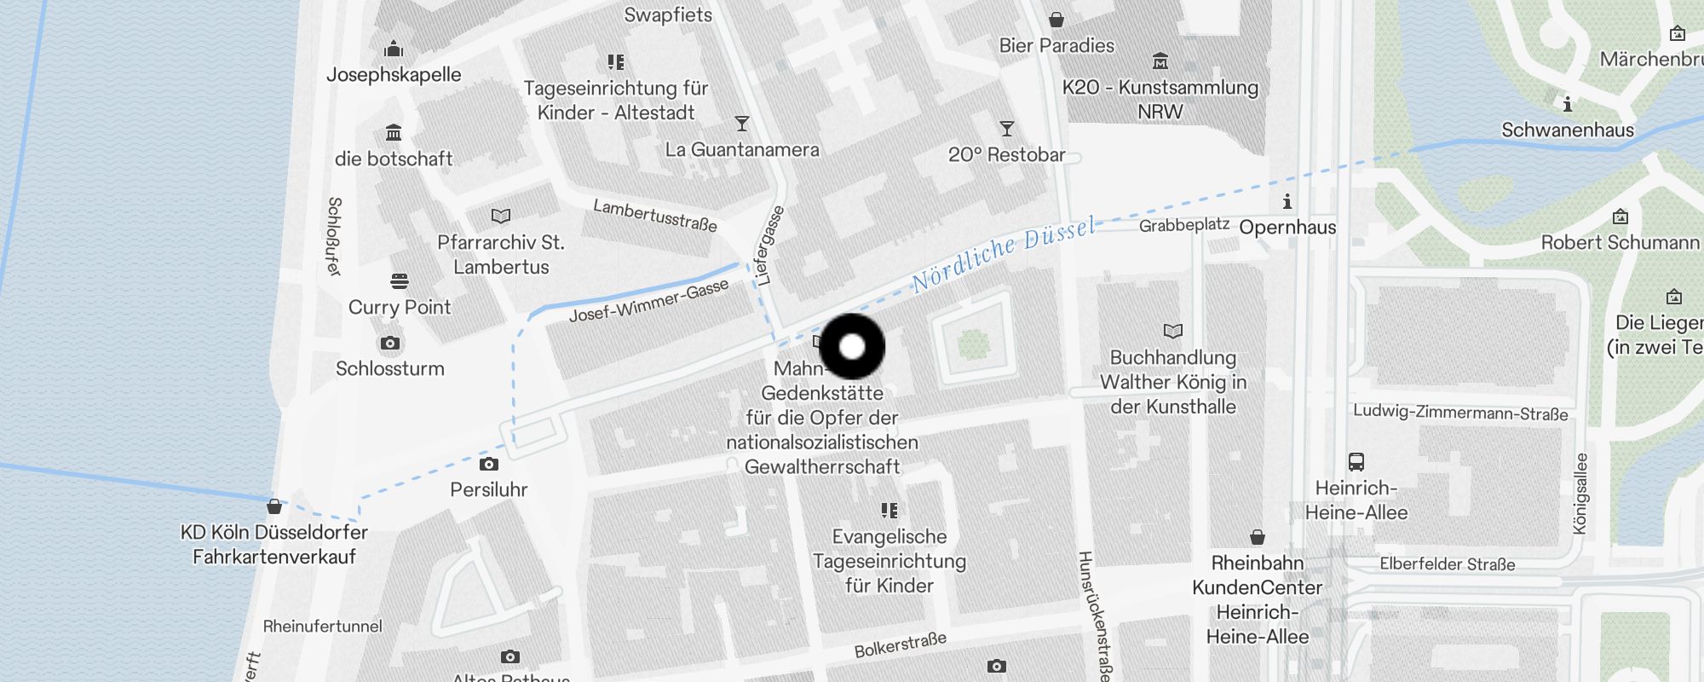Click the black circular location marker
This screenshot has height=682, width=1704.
coord(852,347)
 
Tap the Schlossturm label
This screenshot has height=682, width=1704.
coord(389,369)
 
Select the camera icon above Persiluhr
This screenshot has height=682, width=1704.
coord(488,465)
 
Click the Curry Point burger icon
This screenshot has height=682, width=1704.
coord(400,280)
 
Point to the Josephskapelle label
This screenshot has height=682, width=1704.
coord(394,75)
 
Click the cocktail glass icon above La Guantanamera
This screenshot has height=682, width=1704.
coord(742,124)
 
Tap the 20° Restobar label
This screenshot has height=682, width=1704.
coord(1007,155)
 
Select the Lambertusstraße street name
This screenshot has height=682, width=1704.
coord(654,216)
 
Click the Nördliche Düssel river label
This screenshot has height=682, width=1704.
coord(1003,254)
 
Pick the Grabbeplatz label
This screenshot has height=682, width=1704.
coord(1184,225)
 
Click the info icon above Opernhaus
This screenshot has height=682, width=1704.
coord(1287,202)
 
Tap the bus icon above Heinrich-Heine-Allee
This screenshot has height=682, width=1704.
coord(1356,462)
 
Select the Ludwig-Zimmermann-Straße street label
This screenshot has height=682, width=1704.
coord(1460,413)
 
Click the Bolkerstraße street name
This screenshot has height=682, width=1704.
coord(900,645)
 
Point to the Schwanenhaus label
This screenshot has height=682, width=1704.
coord(1568,130)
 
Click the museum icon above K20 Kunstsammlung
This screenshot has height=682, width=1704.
coord(1160,61)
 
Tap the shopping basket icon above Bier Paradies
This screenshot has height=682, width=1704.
coord(1056,20)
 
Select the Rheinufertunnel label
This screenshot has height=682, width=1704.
coord(323,627)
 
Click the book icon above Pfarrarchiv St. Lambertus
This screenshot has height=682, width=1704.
coord(501,217)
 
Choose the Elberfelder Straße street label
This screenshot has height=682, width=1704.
coord(1448,564)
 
